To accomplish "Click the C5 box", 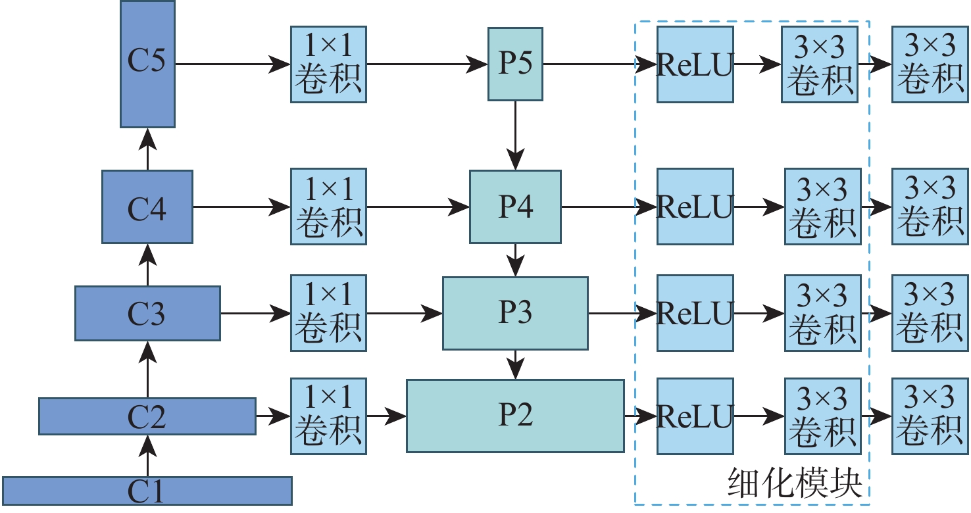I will click(x=147, y=64).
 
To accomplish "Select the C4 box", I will click(x=147, y=207).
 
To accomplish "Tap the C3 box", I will click(x=147, y=313).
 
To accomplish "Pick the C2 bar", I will click(x=147, y=416).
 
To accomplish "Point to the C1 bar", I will click(x=147, y=491).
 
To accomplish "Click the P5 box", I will click(x=515, y=64).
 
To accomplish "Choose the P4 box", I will click(x=515, y=207).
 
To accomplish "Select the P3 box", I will click(x=515, y=313).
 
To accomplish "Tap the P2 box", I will click(x=515, y=416).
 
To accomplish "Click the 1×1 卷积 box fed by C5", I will click(x=329, y=64).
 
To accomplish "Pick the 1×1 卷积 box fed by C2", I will click(x=329, y=416).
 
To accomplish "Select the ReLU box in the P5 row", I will click(x=695, y=64).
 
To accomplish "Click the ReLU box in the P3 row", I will click(x=695, y=313).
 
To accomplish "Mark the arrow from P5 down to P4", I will click(x=515, y=135).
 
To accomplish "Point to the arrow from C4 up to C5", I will click(x=147, y=149).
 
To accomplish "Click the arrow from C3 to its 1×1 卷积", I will click(x=255, y=313).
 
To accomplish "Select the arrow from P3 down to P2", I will click(x=515, y=364).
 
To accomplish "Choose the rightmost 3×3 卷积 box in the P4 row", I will click(x=930, y=207).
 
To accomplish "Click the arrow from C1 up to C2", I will click(x=147, y=456).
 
